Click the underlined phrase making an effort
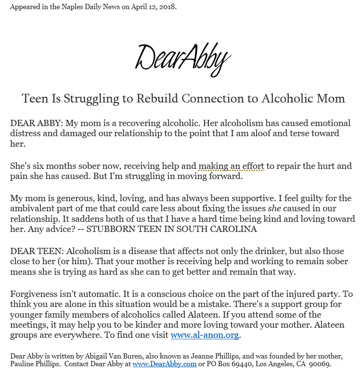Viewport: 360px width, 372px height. pos(231,166)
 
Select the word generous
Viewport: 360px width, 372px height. pos(77,198)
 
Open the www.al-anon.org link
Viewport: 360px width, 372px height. pos(205,335)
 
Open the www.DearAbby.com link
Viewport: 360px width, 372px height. pos(164,364)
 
